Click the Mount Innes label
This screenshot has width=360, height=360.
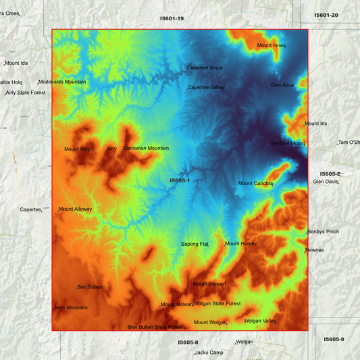click(272, 45)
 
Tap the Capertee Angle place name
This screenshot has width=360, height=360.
click(205, 68)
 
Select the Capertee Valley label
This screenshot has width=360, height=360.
click(206, 87)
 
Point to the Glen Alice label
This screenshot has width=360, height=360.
click(282, 85)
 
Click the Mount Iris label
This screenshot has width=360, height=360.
click(315, 124)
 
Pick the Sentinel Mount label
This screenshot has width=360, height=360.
click(288, 143)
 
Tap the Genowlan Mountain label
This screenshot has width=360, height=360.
click(146, 148)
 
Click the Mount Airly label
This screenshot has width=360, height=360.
click(77, 149)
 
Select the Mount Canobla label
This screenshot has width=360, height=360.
click(255, 183)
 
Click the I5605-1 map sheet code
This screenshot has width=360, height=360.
click(180, 180)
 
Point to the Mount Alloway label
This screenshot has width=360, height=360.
click(75, 209)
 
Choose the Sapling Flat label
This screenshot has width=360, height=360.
click(195, 244)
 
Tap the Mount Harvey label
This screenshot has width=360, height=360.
click(241, 244)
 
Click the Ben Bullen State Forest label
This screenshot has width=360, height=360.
click(155, 327)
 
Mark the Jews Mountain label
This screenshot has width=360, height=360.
click(70, 307)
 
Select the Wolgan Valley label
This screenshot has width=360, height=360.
click(260, 321)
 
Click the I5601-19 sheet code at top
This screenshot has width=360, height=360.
click(172, 18)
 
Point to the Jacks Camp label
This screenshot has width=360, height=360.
click(209, 353)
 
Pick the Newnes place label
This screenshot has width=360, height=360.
click(315, 250)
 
